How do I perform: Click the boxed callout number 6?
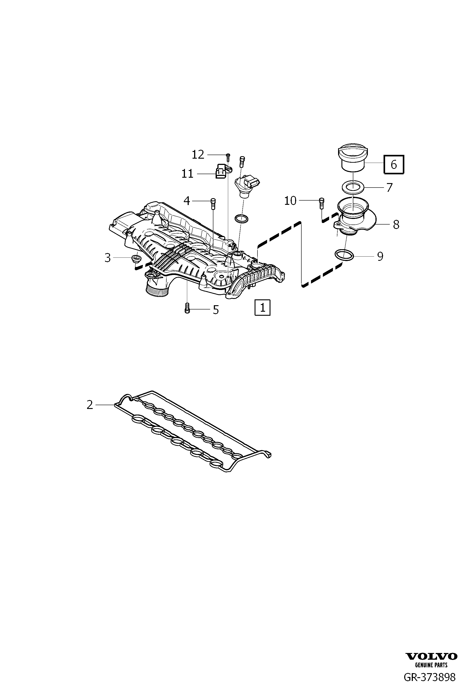pos(394,164)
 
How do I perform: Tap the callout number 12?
pos(198,155)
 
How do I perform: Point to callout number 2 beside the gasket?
pos(90,405)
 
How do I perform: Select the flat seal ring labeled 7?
pos(353,188)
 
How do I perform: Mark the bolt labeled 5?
pos(187,308)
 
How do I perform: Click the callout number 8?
pos(396,225)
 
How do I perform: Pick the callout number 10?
pos(290,201)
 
